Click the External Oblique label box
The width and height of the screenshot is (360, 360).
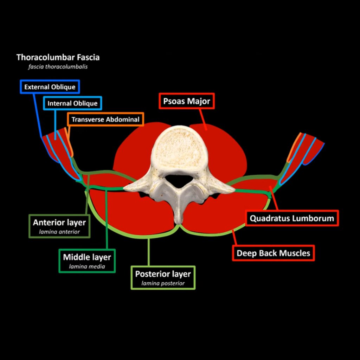[x=50, y=87]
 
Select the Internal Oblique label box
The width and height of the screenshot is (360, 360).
[x=72, y=103]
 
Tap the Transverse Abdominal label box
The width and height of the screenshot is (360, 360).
[x=105, y=120]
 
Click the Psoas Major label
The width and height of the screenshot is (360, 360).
[x=186, y=102]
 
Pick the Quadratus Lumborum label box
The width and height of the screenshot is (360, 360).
[x=292, y=218]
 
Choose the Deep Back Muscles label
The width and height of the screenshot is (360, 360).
[x=273, y=253]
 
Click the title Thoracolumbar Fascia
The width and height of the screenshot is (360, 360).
[x=58, y=57]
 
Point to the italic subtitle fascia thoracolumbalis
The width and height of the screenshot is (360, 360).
[x=58, y=66]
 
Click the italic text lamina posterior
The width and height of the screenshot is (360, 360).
[x=163, y=283]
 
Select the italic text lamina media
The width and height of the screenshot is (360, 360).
[x=87, y=266]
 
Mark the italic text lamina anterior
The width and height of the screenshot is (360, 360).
[x=59, y=232]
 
